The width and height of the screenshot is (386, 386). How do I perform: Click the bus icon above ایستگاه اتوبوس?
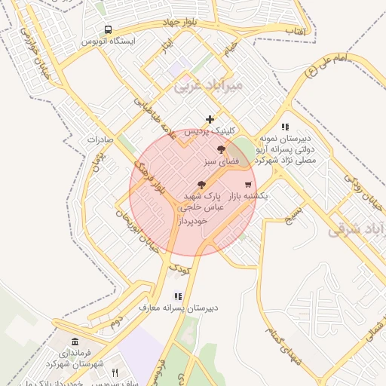(109, 29)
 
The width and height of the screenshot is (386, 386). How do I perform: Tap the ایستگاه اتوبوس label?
(109, 40)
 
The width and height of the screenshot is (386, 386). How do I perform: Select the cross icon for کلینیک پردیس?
(210, 119)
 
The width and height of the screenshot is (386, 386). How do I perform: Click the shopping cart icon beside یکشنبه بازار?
(248, 185)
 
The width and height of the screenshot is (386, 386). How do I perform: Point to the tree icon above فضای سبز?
(220, 150)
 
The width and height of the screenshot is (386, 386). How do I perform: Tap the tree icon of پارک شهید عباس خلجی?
(201, 185)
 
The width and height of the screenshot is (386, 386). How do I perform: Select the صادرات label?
(100, 139)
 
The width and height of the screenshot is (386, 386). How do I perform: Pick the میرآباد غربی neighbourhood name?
(209, 86)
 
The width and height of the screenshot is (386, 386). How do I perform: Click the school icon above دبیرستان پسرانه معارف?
(178, 297)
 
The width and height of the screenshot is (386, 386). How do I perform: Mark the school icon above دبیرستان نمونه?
(285, 127)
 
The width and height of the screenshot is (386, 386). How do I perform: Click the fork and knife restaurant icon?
(115, 372)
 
